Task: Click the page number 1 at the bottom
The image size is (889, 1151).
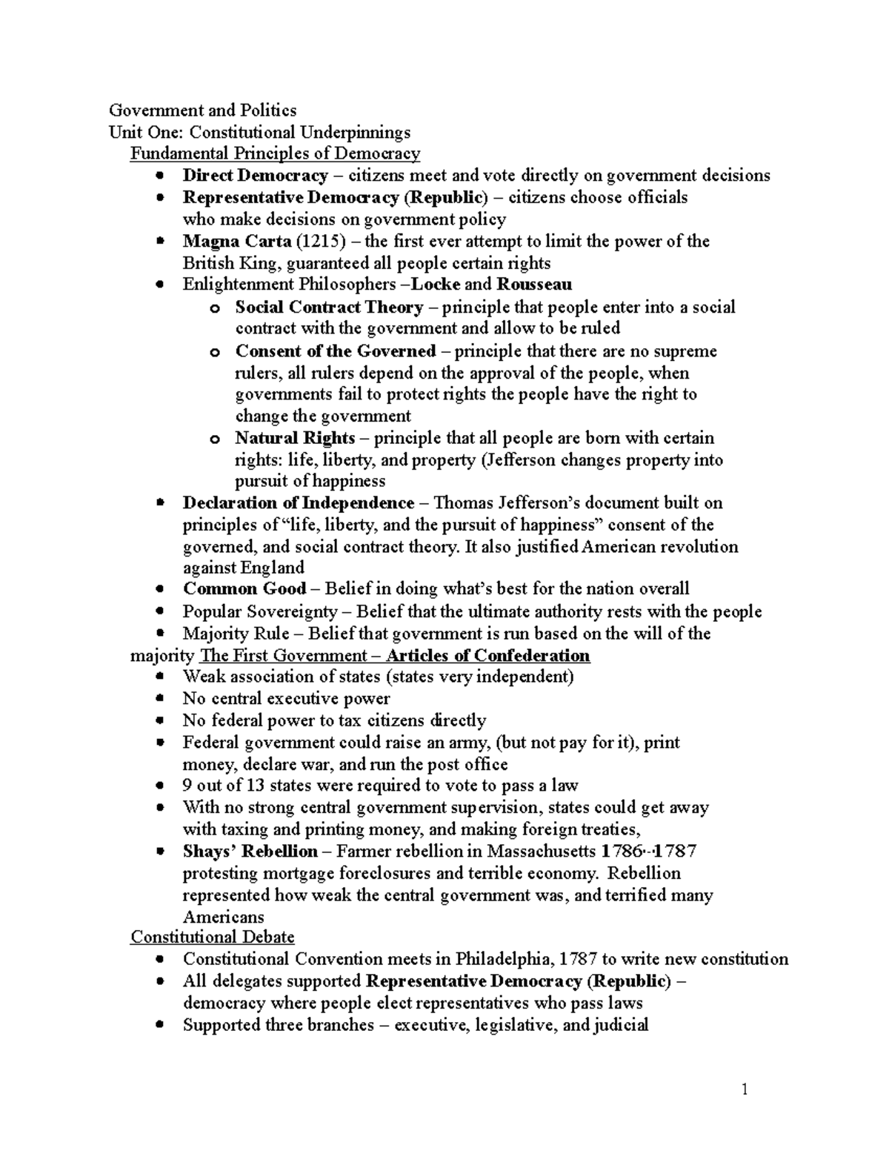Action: (745, 1089)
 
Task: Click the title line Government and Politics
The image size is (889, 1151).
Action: (202, 110)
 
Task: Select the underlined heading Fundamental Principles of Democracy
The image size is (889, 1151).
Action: (275, 154)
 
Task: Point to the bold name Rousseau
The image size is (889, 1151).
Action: (533, 285)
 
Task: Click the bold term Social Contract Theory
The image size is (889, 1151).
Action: (329, 307)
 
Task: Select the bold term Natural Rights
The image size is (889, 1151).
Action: (295, 438)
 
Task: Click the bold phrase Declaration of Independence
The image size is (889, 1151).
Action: (298, 503)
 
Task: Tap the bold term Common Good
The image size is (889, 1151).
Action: (244, 589)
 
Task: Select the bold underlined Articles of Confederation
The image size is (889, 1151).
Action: (488, 656)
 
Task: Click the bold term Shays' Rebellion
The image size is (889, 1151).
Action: (250, 852)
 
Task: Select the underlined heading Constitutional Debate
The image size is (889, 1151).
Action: (213, 938)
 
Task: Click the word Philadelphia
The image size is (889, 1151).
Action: (504, 959)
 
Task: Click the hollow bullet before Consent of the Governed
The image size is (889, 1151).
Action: (215, 352)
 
